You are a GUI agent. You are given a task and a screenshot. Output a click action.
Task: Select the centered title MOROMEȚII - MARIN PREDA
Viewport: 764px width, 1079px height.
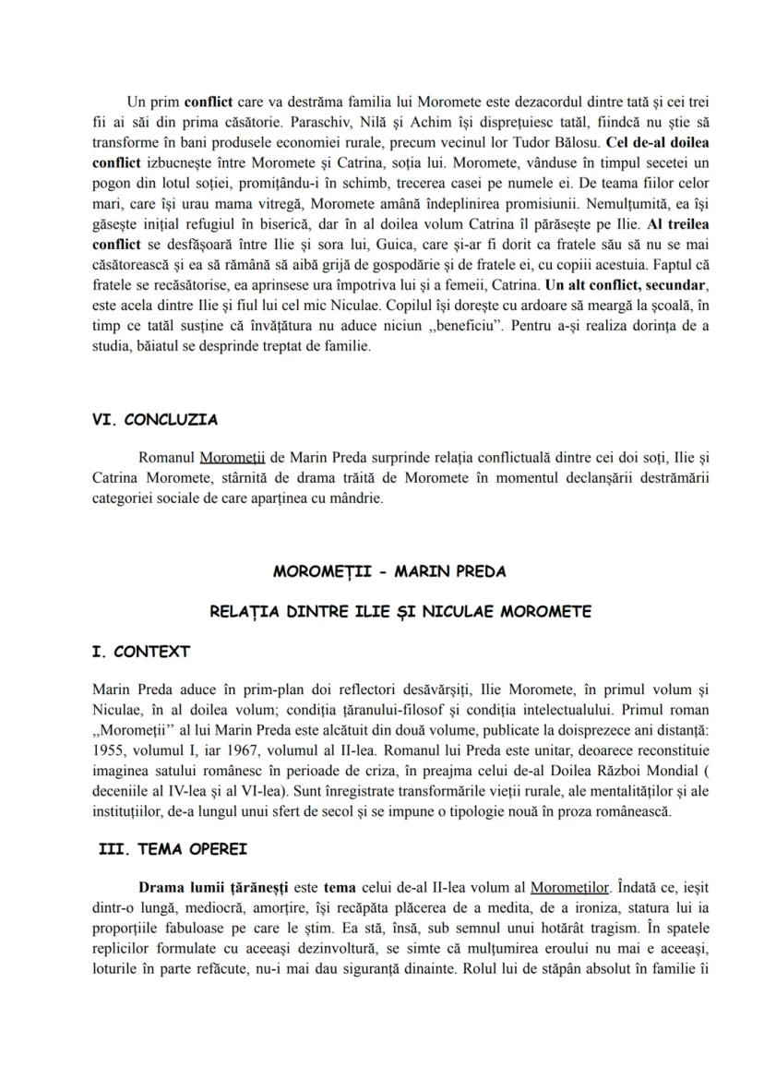coord(388,571)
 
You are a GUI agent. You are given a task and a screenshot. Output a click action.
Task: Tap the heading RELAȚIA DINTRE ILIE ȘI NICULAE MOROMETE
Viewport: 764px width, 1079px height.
coord(388,611)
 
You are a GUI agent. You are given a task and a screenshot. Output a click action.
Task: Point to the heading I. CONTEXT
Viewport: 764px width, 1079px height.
coord(141,652)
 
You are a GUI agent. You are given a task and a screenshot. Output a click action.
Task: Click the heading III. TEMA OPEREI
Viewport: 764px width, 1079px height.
coord(173,849)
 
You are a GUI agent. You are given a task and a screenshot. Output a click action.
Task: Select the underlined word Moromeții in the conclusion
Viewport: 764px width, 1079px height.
coord(233,457)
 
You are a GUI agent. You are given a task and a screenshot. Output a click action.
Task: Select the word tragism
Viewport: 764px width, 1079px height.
coord(511,929)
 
